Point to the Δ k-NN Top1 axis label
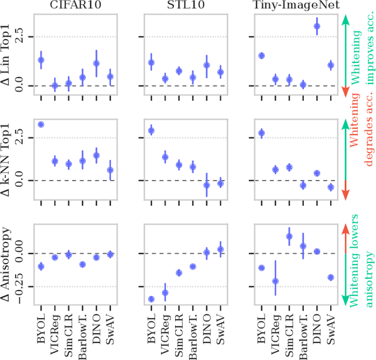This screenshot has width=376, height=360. point(7,158)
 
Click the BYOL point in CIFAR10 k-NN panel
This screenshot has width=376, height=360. point(41,125)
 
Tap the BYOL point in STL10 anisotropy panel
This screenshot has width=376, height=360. point(150,299)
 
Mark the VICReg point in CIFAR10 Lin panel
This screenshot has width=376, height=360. point(55,86)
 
